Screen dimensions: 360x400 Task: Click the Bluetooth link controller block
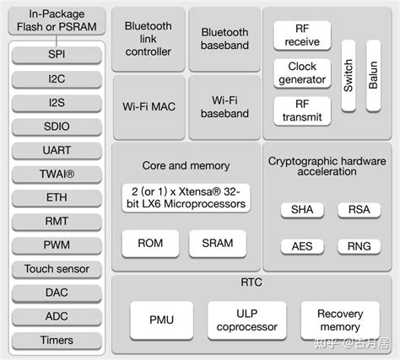tap(148, 39)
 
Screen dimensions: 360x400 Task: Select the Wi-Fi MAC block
tap(148, 107)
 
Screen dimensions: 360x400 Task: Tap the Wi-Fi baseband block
tap(224, 107)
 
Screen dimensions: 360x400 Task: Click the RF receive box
tap(301, 35)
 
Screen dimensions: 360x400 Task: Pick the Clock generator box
tap(301, 73)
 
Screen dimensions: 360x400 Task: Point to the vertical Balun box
tap(373, 76)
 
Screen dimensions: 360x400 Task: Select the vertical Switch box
tap(347, 76)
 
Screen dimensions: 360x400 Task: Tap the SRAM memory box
tap(217, 243)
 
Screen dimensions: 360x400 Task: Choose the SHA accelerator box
tap(301, 209)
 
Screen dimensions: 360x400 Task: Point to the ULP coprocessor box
tap(246, 320)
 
